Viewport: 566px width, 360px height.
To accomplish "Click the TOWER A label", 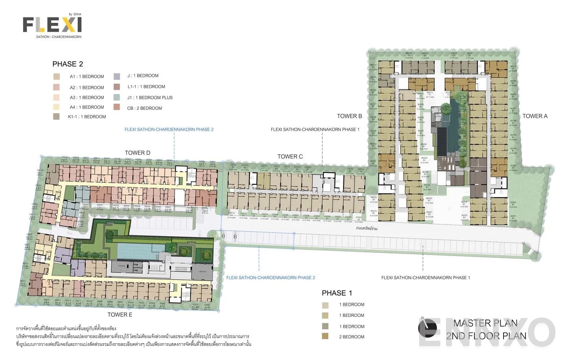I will point(535,116).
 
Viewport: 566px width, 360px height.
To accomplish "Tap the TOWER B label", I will point(349,116).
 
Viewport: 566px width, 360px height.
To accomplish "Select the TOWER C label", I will point(290,156).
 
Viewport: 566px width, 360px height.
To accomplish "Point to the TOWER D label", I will point(137,153).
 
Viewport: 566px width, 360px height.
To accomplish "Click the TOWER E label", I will point(120,314).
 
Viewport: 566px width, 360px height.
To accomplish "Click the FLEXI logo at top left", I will point(52,25).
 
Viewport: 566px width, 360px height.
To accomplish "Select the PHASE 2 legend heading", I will point(68,64).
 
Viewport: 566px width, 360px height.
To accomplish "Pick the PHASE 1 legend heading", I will point(337,293).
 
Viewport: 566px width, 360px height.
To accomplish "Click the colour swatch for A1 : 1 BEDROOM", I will point(57,77).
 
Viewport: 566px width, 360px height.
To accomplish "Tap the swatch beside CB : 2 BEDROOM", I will point(117,107).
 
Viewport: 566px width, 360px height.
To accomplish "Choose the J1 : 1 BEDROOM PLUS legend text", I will point(150,97).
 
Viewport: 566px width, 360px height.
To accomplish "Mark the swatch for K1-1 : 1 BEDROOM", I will point(57,116).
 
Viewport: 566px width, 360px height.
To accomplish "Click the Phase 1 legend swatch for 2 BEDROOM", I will point(325,336).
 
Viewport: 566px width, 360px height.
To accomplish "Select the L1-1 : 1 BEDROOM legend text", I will point(146,86).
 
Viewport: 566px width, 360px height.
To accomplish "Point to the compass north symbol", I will point(427,328).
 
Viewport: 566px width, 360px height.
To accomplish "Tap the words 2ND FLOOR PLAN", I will point(486,336).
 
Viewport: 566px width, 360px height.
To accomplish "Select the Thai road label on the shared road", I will point(366,228).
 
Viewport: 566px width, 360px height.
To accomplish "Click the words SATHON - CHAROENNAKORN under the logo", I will point(59,37).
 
